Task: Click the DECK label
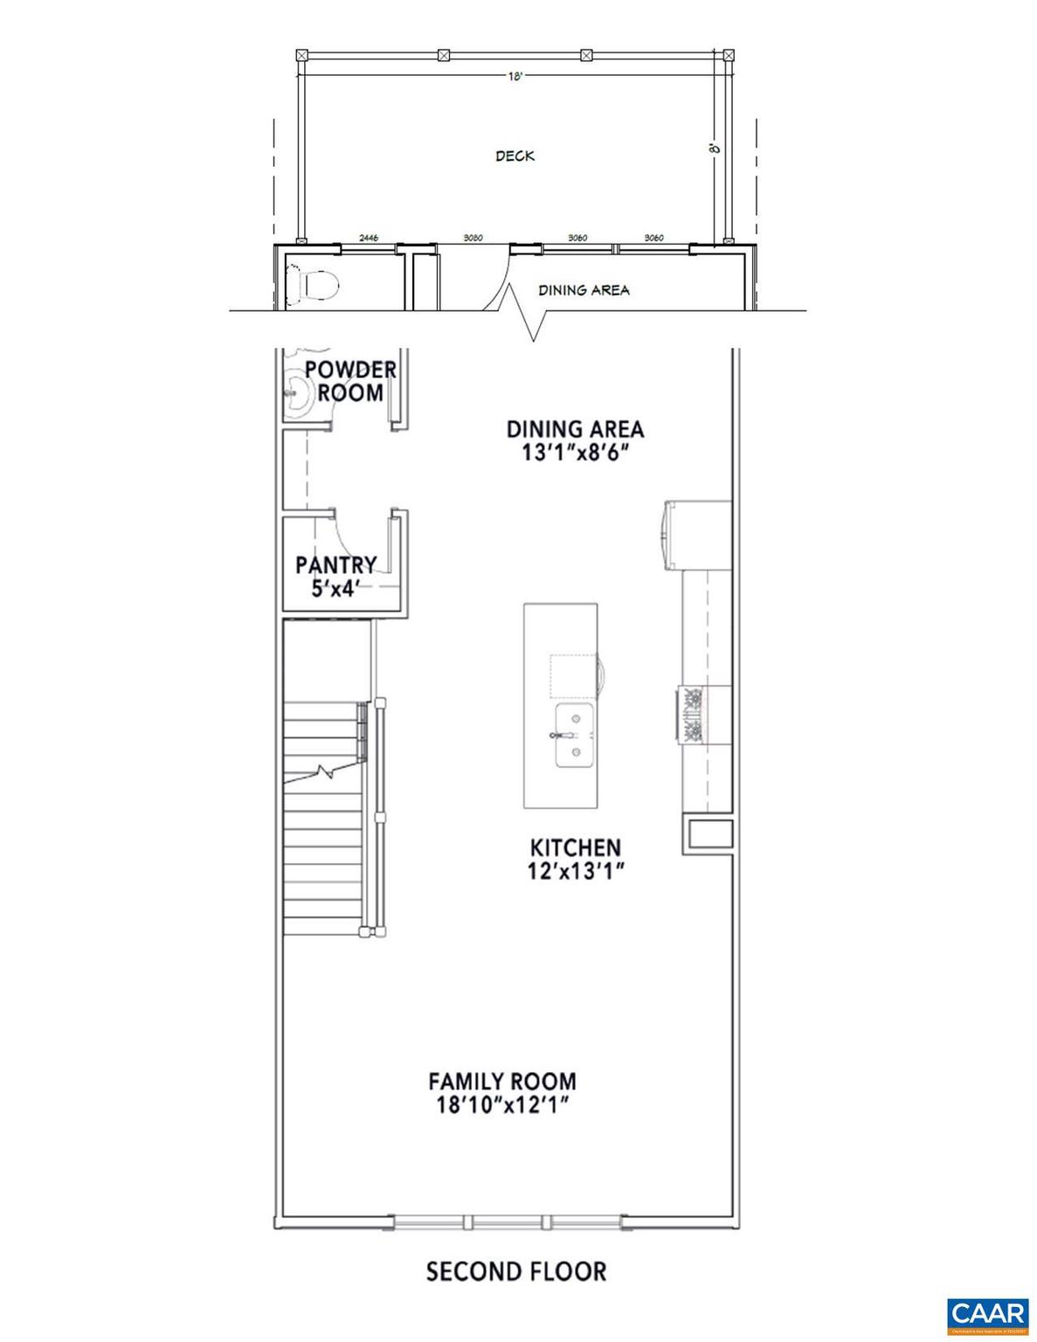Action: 515,156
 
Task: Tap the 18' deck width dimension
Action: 515,77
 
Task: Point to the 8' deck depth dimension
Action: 714,149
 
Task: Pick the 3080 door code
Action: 473,238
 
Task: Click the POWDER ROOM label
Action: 350,381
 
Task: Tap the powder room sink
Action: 297,396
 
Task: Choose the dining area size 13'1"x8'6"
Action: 576,454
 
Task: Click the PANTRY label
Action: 335,565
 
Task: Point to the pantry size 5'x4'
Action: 336,589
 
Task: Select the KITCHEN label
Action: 576,847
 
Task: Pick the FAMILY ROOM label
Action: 502,1082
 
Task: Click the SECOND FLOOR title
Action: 515,1271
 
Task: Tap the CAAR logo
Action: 987,1313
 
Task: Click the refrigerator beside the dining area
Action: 695,535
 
